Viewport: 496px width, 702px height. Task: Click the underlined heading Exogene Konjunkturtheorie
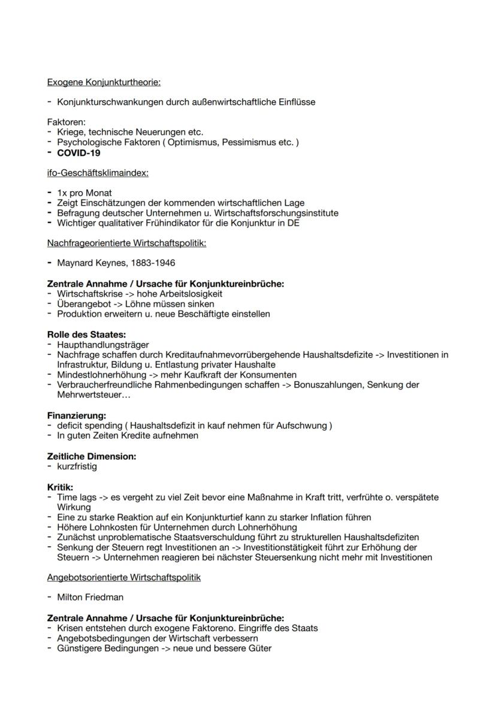[x=104, y=82]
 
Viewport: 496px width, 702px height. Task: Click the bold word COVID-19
[x=78, y=153]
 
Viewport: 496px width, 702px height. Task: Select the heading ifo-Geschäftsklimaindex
[x=98, y=173]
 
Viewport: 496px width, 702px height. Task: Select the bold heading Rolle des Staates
[x=86, y=335]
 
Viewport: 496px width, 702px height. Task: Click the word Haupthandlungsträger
[x=102, y=345]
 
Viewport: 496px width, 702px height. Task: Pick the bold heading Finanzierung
[x=77, y=415]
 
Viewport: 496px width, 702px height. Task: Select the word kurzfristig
[x=77, y=466]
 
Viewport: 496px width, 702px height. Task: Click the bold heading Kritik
[x=60, y=487]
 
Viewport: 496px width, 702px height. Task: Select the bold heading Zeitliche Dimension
[x=92, y=456]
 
